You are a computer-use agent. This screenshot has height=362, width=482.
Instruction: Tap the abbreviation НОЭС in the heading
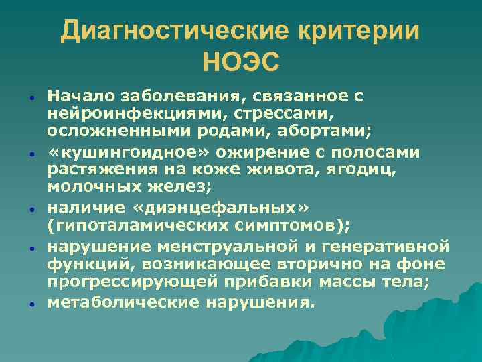240,63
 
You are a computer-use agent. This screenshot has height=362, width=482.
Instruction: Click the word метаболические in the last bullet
117,302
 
